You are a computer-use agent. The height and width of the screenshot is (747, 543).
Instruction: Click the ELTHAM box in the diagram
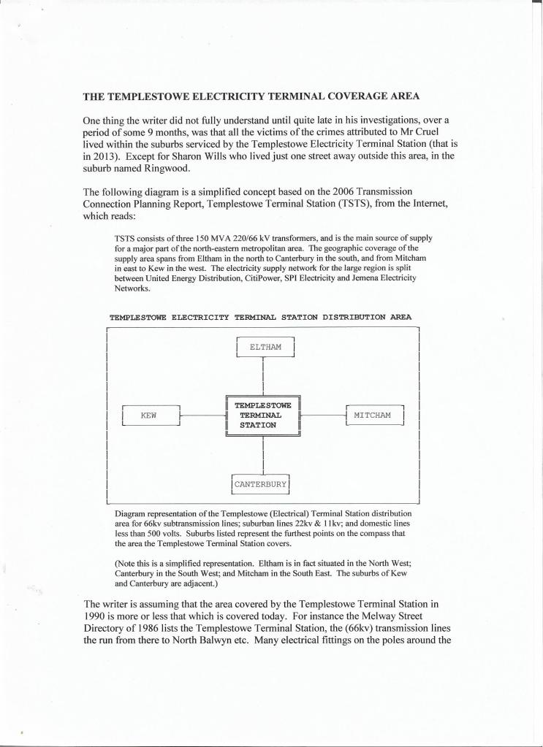click(265, 347)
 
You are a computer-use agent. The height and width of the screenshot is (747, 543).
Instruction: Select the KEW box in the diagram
click(151, 416)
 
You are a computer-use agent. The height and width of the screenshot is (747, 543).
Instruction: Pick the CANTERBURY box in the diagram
click(261, 483)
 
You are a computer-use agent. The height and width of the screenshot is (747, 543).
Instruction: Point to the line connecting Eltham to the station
click(262, 376)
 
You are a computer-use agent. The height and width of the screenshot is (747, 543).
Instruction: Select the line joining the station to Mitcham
click(323, 415)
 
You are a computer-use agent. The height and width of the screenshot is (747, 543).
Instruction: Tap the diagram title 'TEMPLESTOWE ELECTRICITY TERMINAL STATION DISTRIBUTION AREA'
click(260, 318)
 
